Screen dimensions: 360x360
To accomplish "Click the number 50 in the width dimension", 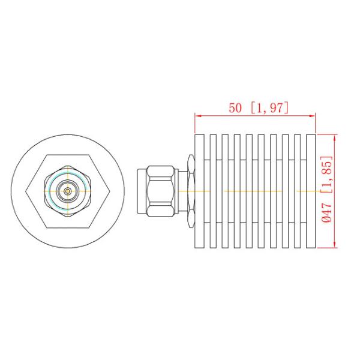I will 236,108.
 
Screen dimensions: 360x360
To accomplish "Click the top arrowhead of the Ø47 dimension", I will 334,136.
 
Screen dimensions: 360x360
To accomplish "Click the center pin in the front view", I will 68,191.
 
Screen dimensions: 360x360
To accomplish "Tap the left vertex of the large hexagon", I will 28,191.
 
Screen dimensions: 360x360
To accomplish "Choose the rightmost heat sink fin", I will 310,191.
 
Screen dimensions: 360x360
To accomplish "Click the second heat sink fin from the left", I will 214,191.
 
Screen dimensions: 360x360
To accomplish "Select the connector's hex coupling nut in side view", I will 161,191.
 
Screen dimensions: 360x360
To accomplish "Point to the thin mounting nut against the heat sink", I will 191,191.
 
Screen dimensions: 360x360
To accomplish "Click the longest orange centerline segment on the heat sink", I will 252,191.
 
